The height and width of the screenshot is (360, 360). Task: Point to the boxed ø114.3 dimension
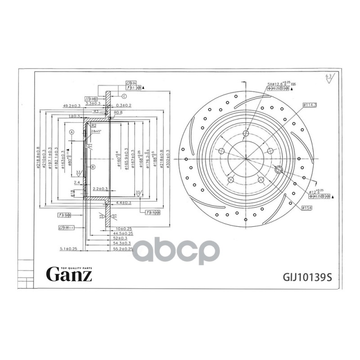[x=310, y=105]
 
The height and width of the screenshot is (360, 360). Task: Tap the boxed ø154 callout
[x=307, y=207]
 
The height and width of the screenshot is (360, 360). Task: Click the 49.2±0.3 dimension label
[x=72, y=105]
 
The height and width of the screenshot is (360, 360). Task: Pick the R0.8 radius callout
[x=119, y=112]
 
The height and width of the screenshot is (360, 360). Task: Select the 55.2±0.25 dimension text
[x=123, y=248]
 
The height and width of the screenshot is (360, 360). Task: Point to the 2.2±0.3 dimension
[x=99, y=189]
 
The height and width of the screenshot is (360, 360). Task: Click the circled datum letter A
[x=72, y=132]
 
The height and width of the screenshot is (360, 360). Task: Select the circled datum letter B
[x=93, y=167]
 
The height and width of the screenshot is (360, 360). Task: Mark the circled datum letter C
[x=124, y=96]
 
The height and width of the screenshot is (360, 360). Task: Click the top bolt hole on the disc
[x=245, y=134]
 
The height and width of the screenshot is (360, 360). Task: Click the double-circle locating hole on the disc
[x=278, y=170]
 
